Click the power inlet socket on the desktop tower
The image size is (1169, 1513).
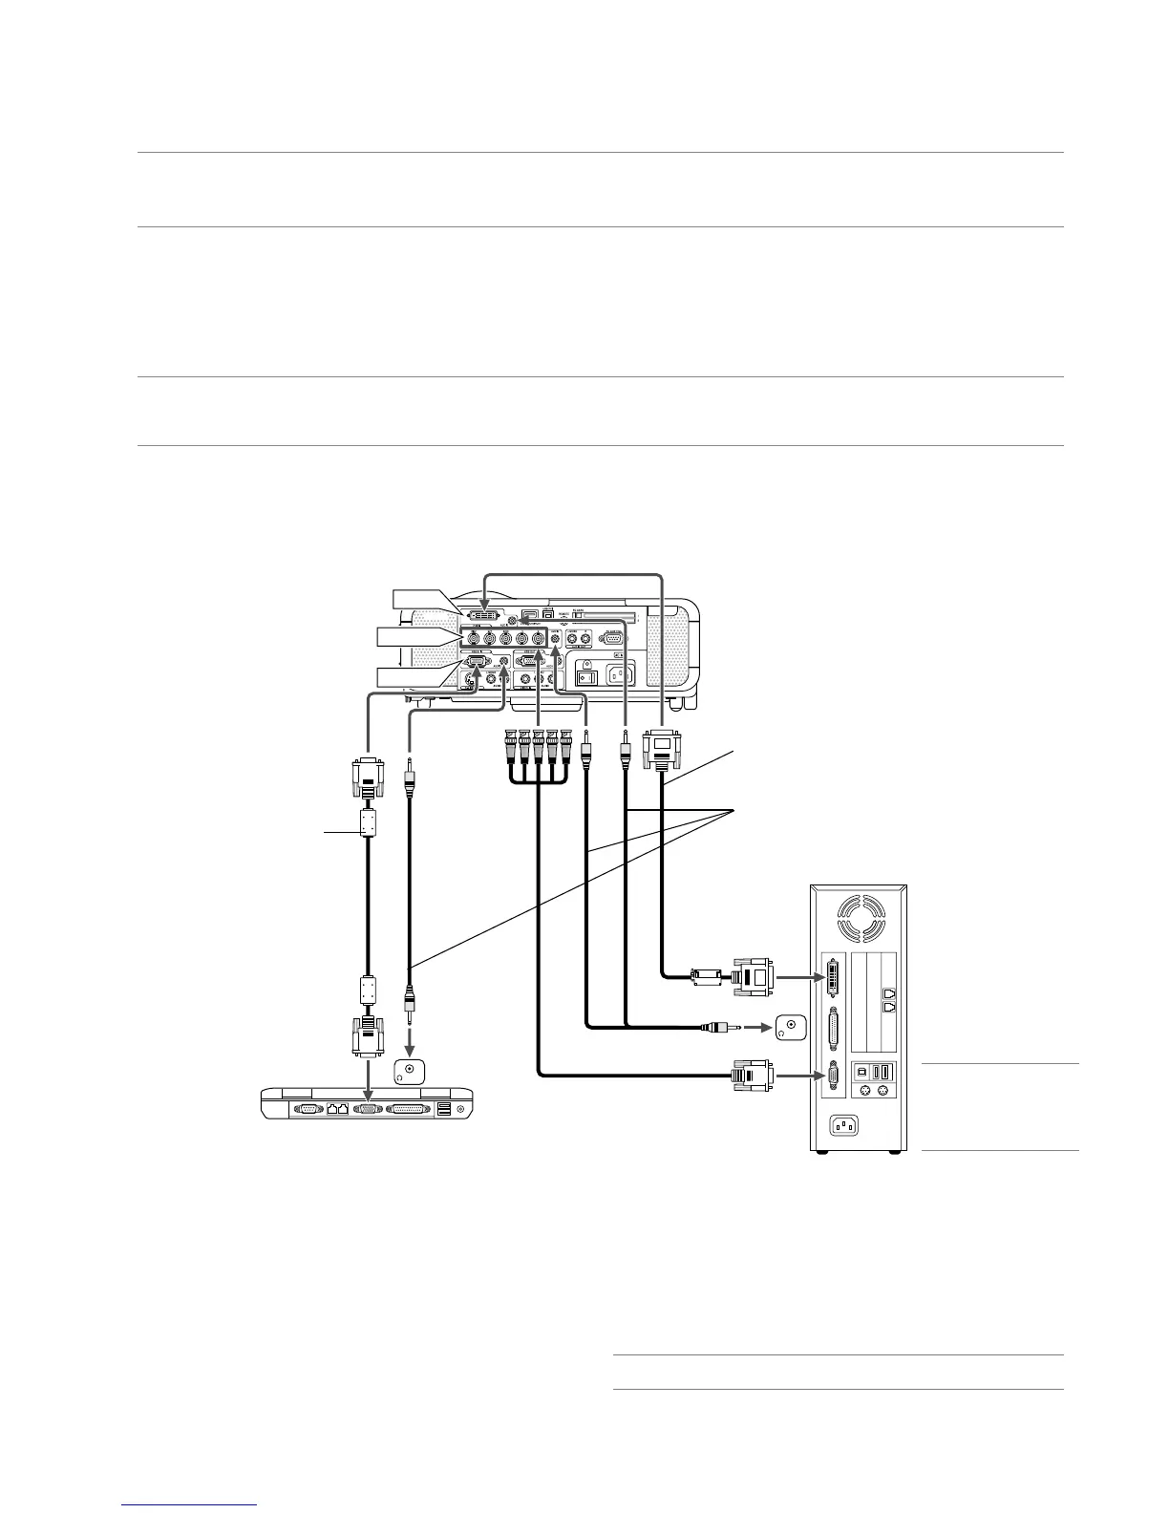click(843, 1126)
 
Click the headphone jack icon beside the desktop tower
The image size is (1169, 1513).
click(791, 1029)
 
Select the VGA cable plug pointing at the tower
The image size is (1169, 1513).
click(753, 1076)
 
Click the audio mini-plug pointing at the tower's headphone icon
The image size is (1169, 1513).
click(718, 1029)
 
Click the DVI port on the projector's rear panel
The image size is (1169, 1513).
click(485, 612)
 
